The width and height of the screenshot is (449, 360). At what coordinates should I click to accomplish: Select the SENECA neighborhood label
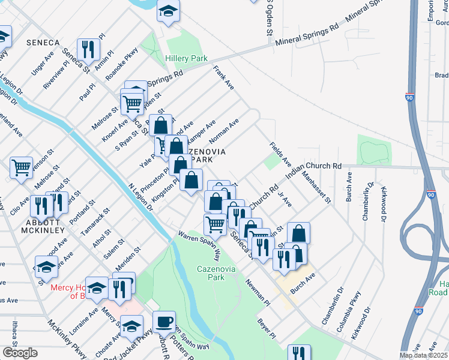tap(43, 43)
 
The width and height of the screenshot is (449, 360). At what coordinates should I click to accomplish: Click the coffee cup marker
tap(163, 322)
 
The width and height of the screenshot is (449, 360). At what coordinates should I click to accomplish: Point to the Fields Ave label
tap(280, 155)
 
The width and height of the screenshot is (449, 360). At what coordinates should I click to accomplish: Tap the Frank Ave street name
tap(224, 79)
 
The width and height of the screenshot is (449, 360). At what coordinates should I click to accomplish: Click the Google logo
tap(19, 353)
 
